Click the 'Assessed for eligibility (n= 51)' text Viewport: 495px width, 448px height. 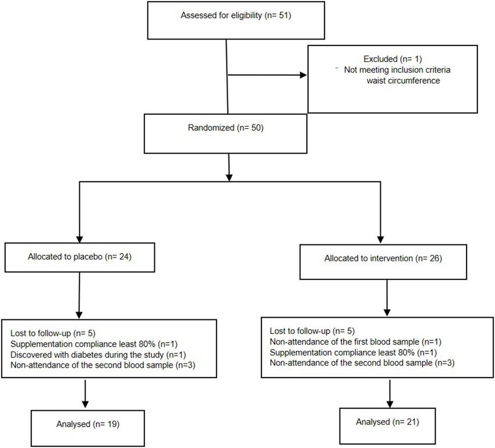point(236,16)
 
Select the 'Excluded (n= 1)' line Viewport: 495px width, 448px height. point(393,59)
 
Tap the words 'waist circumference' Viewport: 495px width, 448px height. point(403,80)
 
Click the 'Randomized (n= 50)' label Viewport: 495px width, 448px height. point(226,128)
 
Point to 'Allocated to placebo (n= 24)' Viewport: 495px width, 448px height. point(80,257)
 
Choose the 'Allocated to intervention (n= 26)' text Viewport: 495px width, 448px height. point(383,258)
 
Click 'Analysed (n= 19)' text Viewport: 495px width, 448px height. point(88,424)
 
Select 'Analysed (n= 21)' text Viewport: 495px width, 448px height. point(387,422)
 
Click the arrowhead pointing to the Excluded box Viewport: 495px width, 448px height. point(303,75)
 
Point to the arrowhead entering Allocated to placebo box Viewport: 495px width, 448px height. point(80,239)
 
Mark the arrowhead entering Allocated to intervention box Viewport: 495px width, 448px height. point(380,240)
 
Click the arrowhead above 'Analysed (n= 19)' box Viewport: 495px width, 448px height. point(85,404)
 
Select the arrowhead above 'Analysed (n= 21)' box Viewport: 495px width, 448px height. point(390,404)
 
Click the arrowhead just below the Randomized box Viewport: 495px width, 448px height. point(229,177)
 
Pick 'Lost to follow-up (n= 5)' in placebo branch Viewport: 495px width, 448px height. point(53,333)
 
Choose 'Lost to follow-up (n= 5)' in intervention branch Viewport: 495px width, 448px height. point(312,331)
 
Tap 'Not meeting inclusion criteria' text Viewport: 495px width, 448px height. point(397,70)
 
